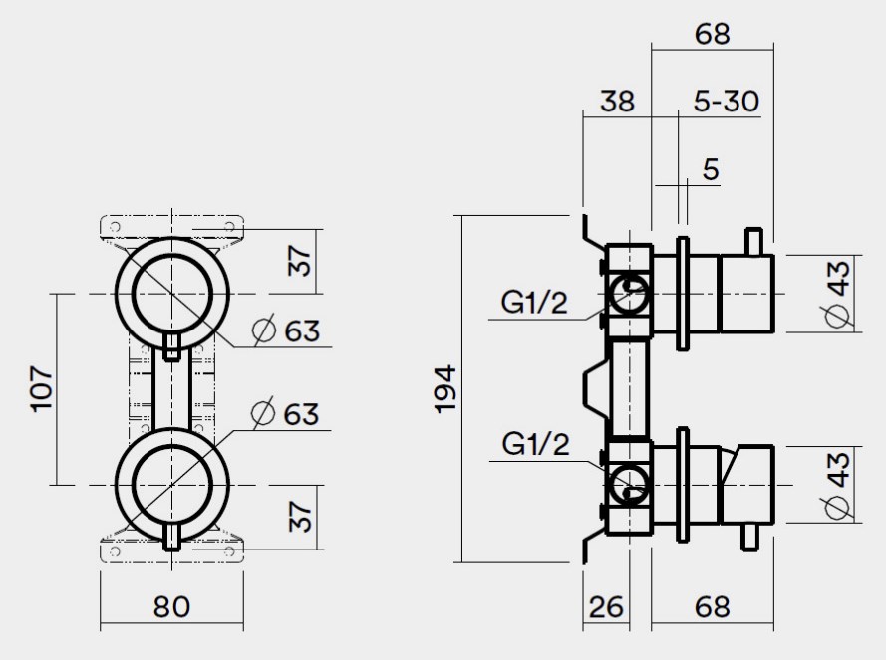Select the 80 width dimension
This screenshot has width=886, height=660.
point(172,606)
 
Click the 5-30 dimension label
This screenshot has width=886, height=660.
point(726,101)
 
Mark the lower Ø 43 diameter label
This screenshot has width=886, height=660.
point(838,484)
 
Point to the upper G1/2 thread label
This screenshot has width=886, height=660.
point(534,303)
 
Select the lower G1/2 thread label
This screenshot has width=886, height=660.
point(534,445)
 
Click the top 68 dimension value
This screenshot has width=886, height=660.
point(711,33)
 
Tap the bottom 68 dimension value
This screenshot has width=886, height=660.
point(711,606)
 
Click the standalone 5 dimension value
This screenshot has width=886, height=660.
point(710,168)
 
